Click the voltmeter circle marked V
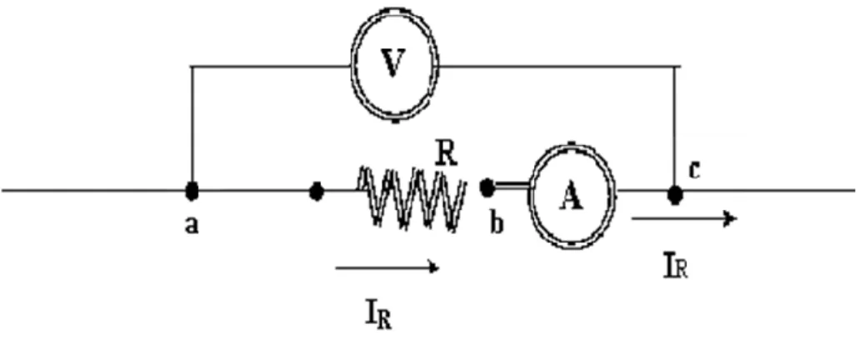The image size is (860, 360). tap(352, 66)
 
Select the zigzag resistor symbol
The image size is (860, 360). tap(412, 197)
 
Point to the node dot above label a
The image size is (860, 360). tap(192, 191)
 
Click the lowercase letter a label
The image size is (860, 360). tap(190, 224)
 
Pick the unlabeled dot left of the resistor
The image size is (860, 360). tap(317, 192)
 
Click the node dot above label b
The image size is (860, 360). tap(486, 187)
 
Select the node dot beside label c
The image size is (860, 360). tap(675, 194)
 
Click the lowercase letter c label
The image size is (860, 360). tap(693, 171)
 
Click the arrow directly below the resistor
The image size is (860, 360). tap(387, 267)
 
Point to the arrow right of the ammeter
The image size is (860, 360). tap(684, 218)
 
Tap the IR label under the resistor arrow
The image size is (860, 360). tap(377, 317)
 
